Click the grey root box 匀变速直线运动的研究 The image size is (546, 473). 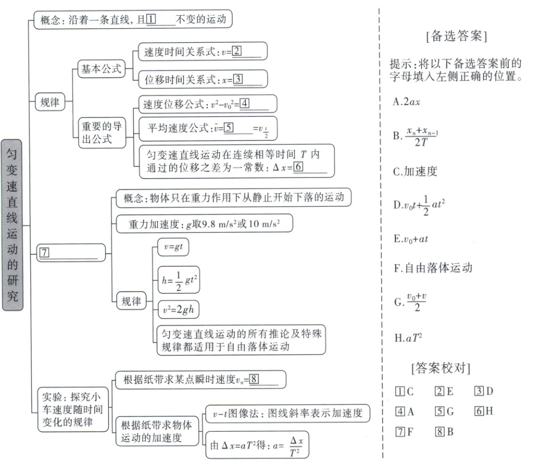click(x=13, y=224)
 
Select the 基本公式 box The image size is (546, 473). click(x=101, y=69)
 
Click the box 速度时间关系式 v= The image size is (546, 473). click(x=203, y=51)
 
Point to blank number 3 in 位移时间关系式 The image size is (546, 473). click(x=238, y=79)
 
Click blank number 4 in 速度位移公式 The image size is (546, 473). click(x=243, y=104)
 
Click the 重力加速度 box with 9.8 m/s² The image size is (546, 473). click(x=204, y=224)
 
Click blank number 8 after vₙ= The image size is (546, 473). click(x=254, y=379)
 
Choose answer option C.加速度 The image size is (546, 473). click(x=415, y=172)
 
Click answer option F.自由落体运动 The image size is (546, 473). click(x=433, y=268)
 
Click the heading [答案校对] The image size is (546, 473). click(x=440, y=368)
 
